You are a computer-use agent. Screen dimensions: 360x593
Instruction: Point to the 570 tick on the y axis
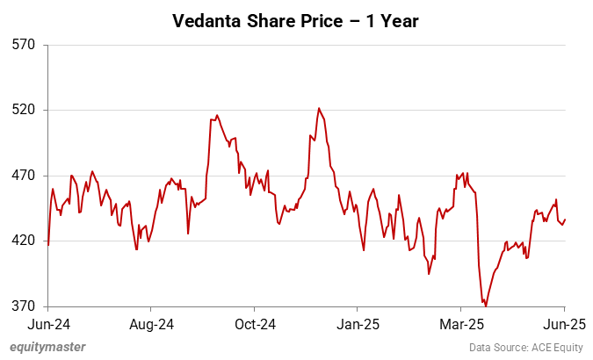pyautogui.click(x=23, y=44)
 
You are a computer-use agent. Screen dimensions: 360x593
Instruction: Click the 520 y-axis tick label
pyautogui.click(x=23, y=110)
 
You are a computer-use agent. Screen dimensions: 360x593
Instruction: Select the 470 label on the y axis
pyautogui.click(x=23, y=176)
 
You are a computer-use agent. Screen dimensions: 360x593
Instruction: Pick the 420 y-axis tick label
pyautogui.click(x=23, y=241)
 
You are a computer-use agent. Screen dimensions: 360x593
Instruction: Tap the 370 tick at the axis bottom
pyautogui.click(x=23, y=306)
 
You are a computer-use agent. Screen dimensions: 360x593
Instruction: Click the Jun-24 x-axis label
pyautogui.click(x=47, y=323)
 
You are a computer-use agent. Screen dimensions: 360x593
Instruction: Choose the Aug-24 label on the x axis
pyautogui.click(x=150, y=323)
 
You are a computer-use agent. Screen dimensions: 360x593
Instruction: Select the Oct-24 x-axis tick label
pyautogui.click(x=254, y=323)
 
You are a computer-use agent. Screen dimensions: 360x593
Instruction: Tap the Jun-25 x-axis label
pyautogui.click(x=564, y=323)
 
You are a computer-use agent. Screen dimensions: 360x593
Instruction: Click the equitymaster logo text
pyautogui.click(x=47, y=347)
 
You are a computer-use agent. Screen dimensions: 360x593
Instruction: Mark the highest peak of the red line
pyautogui.click(x=319, y=108)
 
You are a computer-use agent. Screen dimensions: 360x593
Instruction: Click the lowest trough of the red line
pyautogui.click(x=485, y=306)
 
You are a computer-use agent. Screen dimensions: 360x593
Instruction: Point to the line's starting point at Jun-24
pyautogui.click(x=48, y=245)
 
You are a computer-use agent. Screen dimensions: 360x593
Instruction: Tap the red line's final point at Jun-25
pyautogui.click(x=565, y=220)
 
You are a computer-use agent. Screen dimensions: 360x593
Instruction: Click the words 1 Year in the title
pyautogui.click(x=394, y=19)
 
